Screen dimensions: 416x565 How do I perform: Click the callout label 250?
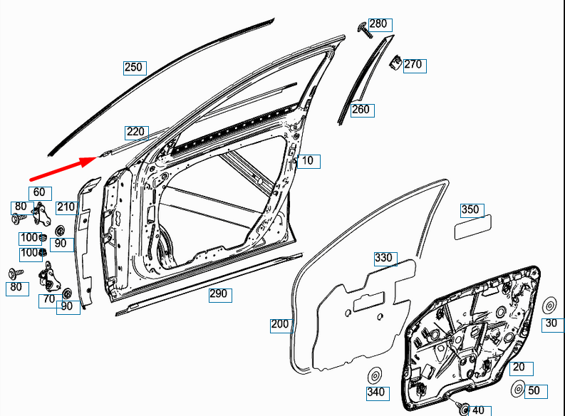[134, 68]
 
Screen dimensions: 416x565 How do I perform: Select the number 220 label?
[136, 132]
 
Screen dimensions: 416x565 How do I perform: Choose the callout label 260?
[361, 110]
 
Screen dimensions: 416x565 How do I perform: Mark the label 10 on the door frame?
[307, 161]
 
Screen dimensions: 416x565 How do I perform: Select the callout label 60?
[39, 192]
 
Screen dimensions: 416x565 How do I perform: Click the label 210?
[66, 207]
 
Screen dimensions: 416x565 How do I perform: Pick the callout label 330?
[384, 258]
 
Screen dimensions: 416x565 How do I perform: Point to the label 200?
[280, 325]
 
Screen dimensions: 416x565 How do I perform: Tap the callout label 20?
[519, 368]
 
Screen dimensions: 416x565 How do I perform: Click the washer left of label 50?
[519, 390]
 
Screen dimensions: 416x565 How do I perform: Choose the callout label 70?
[48, 299]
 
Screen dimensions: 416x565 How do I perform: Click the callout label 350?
[470, 209]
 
